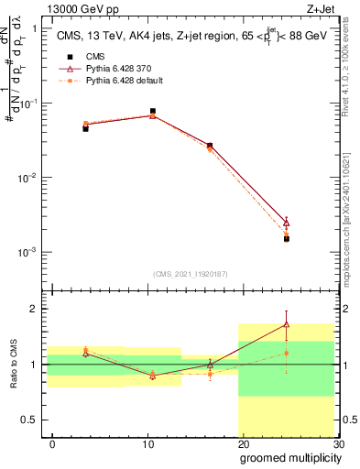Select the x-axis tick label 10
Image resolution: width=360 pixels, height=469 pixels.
(148, 444)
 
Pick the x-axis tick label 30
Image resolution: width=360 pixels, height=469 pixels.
(339, 444)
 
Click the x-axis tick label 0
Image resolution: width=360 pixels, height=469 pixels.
(52, 444)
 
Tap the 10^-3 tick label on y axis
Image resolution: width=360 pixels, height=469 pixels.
(25, 252)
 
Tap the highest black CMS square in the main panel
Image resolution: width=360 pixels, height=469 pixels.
(152, 111)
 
